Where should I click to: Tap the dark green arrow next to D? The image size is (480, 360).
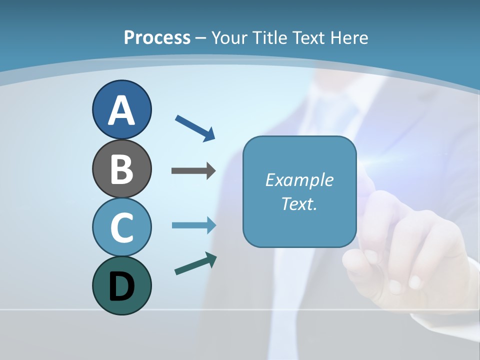click(195, 263)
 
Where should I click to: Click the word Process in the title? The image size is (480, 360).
click(157, 37)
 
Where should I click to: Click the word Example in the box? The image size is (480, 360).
click(299, 180)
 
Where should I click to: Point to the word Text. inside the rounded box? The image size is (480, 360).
click(299, 203)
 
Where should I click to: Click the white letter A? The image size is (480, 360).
click(121, 111)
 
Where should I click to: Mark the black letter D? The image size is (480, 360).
click(121, 286)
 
